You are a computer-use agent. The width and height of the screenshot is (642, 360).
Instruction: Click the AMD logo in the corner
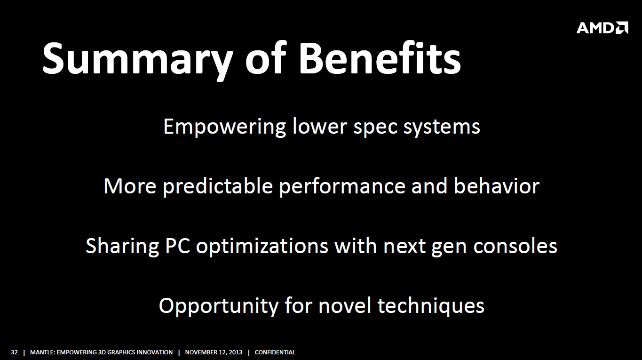click(602, 28)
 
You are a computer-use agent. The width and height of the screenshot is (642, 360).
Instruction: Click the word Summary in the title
click(137, 59)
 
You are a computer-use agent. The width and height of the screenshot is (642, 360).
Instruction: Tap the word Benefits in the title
click(380, 57)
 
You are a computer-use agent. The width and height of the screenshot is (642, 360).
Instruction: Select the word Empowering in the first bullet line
click(225, 127)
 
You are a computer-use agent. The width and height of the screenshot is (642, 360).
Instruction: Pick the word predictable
click(218, 186)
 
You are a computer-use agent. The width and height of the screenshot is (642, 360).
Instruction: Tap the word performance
click(342, 187)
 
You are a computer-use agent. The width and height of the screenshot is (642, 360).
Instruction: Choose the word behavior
click(496, 185)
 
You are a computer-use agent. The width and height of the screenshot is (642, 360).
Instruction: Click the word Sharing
click(122, 246)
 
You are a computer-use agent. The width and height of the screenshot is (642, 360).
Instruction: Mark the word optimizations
click(262, 246)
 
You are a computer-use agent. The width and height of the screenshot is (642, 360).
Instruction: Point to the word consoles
click(515, 246)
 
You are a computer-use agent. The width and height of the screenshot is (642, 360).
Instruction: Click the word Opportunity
click(218, 306)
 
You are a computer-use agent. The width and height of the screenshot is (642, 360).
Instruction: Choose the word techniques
click(431, 306)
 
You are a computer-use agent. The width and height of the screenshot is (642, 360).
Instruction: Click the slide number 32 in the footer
click(14, 352)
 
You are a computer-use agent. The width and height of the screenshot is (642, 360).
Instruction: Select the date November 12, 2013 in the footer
click(214, 352)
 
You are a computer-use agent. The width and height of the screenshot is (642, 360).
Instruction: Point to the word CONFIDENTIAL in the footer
click(275, 352)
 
